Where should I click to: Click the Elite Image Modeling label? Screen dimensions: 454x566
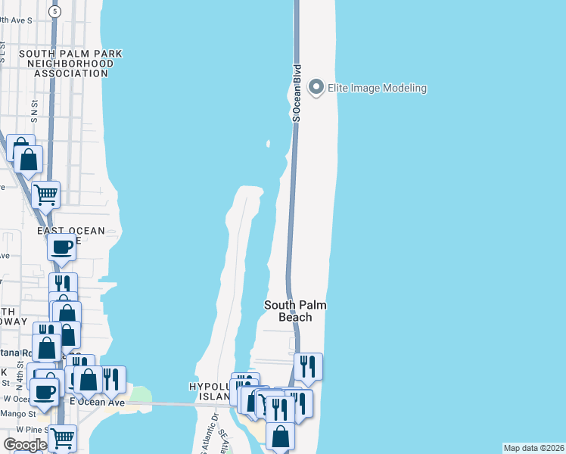click(377, 88)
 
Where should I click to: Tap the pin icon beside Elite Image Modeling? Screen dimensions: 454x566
click(317, 88)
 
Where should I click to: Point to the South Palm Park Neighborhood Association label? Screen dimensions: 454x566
click(70, 64)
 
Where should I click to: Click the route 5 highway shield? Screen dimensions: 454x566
click(54, 11)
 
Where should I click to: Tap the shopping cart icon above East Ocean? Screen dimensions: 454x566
click(46, 194)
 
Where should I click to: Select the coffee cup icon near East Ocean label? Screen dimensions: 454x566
click(61, 246)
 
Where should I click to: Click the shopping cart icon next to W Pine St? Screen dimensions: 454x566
click(62, 437)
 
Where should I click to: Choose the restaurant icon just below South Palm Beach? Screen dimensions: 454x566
click(308, 366)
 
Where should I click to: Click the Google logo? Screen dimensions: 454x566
click(24, 445)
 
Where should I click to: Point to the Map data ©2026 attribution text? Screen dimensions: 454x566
click(533, 448)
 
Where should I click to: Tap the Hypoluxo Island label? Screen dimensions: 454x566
click(209, 392)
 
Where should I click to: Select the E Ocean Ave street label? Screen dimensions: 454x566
click(96, 402)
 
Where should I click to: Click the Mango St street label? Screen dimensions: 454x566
click(21, 414)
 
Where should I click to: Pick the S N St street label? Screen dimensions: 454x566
click(34, 113)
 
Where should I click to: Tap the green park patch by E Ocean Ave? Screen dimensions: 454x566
click(140, 395)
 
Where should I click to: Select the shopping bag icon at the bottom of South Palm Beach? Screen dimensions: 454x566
click(280, 437)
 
